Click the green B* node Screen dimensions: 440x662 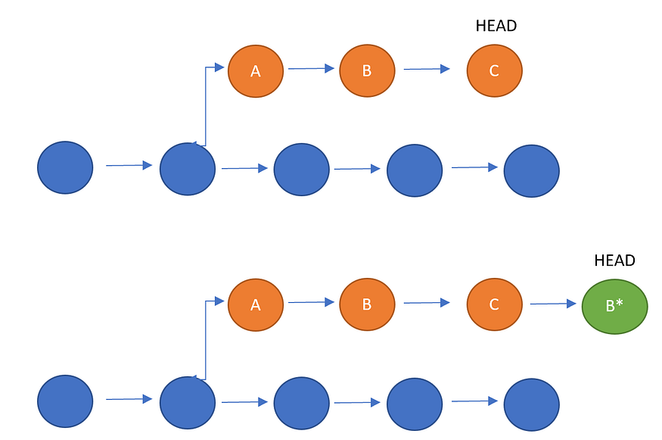(x=614, y=306)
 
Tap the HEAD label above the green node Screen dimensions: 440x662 (x=614, y=261)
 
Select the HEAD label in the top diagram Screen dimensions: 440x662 (x=496, y=26)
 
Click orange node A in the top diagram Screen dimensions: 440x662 (x=256, y=71)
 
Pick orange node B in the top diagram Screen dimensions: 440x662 (x=367, y=70)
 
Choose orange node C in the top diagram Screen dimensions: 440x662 (x=494, y=70)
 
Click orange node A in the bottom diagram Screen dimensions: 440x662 (x=256, y=304)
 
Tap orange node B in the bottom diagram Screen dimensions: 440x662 (x=367, y=304)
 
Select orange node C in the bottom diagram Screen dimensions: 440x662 (x=494, y=304)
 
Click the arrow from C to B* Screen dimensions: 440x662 (x=553, y=304)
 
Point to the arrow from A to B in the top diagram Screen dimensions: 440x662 (x=311, y=69)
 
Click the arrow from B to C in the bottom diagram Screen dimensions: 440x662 (x=427, y=303)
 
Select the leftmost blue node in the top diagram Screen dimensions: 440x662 (x=65, y=167)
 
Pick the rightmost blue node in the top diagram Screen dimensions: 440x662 (x=531, y=171)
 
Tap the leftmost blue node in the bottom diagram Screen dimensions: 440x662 (x=65, y=401)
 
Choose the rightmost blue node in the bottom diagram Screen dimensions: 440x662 (x=531, y=404)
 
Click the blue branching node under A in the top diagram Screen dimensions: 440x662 (x=188, y=169)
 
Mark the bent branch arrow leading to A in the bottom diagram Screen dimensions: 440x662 (x=206, y=333)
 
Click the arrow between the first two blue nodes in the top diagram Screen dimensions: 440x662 (x=129, y=165)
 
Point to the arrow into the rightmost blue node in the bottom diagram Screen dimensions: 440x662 (x=474, y=401)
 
